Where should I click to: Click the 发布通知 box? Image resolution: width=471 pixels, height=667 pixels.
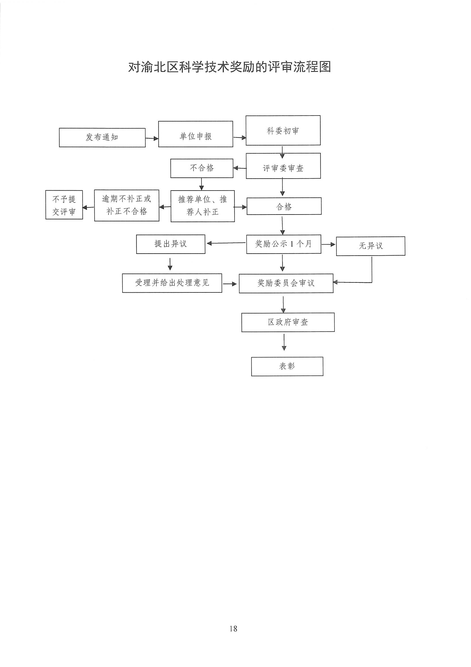coord(102,138)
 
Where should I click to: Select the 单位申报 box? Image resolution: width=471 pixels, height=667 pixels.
coord(195,134)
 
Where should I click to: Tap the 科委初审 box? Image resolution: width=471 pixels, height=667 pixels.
coord(283,130)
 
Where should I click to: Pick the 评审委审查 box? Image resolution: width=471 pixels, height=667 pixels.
coord(283,165)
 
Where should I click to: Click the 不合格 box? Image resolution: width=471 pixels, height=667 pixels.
coord(202,168)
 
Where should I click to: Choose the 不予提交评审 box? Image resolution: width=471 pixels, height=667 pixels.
coord(64,205)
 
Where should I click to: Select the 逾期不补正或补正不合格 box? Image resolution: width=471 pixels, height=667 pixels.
coord(127,205)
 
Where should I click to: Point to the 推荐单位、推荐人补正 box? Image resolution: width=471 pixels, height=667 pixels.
coord(203,206)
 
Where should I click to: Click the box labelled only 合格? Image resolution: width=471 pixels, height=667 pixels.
coord(284,206)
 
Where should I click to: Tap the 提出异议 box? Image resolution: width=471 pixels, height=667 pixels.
coord(171,244)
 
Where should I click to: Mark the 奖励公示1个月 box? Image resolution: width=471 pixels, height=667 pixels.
coord(284,244)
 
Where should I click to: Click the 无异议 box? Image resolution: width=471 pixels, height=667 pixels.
coord(371,246)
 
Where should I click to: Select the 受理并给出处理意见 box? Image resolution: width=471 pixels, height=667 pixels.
coord(172,283)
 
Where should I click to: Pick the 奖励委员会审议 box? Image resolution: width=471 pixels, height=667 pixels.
coord(286,283)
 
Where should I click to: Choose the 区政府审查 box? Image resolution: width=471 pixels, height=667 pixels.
coord(288,322)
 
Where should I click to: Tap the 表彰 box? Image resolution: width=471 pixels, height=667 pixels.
coord(287,366)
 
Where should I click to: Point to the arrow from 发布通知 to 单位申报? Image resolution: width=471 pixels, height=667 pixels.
coord(152,139)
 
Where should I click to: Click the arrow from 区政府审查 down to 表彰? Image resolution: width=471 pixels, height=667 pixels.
coord(284,342)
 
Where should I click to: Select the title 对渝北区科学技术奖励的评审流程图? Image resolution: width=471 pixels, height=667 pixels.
coord(230,67)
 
